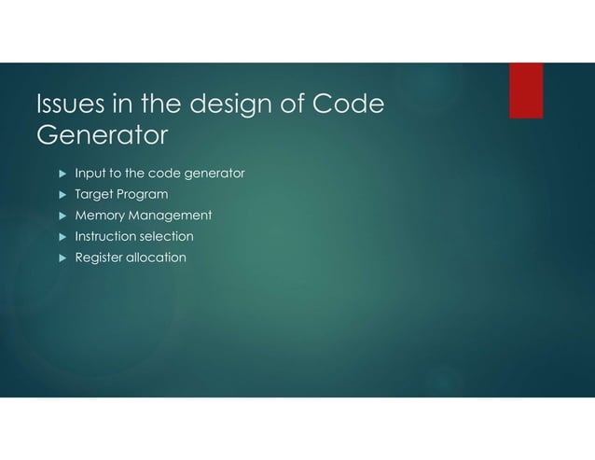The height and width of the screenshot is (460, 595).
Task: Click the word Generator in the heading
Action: click(102, 136)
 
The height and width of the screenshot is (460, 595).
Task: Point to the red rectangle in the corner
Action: click(526, 91)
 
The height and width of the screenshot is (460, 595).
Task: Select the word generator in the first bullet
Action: click(215, 174)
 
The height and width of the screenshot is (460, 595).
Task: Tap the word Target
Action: click(93, 194)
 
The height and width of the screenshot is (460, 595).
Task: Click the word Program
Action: click(143, 195)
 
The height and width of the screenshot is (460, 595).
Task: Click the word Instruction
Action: click(105, 236)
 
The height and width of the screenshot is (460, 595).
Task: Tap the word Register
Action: click(99, 258)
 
